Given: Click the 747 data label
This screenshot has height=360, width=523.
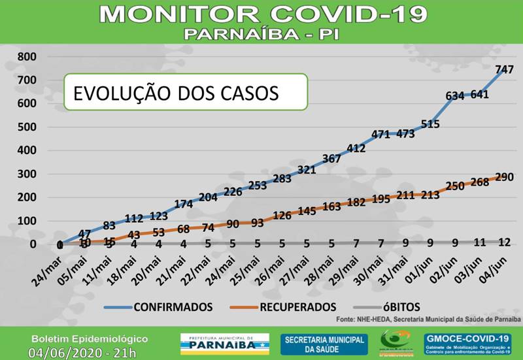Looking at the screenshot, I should [504, 69].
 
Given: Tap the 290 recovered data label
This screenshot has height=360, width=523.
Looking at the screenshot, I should [503, 177].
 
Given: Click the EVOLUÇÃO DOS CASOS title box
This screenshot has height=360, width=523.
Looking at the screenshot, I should [185, 92].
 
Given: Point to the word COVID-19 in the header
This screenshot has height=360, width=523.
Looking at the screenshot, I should [345, 13].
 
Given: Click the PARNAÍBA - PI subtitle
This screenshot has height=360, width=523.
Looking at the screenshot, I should [261, 33].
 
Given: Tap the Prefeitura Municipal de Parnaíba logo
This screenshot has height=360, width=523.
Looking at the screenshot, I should [224, 343].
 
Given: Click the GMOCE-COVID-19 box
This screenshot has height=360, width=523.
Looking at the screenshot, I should [466, 343].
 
